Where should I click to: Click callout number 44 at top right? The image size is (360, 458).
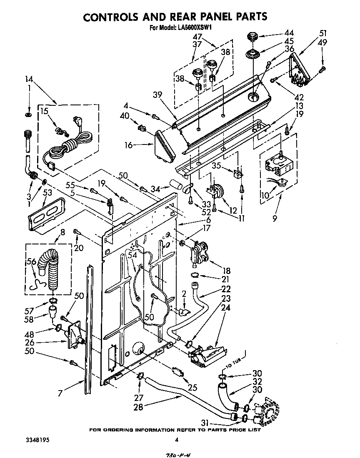[289, 32]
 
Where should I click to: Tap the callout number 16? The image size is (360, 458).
[128, 145]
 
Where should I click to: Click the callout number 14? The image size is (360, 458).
[28, 79]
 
